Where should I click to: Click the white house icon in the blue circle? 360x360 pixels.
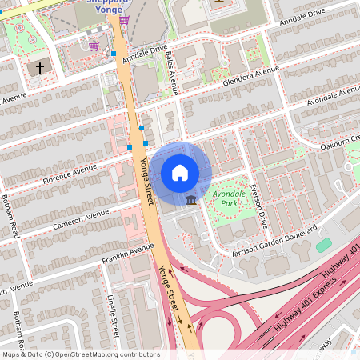tap(180, 173)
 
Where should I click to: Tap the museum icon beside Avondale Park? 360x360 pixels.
tap(191, 198)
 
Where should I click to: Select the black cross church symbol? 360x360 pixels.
tap(37, 68)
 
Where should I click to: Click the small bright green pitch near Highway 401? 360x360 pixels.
tap(324, 245)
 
